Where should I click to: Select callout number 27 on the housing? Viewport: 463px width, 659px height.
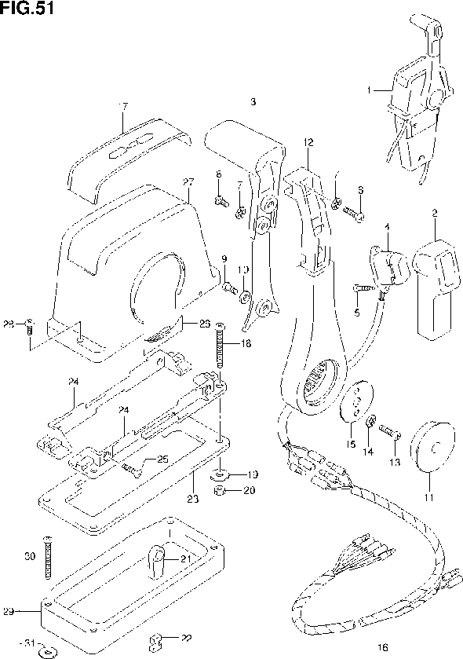point(188,182)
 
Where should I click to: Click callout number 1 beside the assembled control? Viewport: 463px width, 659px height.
point(370,90)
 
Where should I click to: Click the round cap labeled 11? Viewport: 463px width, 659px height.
point(431,448)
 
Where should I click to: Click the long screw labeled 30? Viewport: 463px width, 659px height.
point(51,558)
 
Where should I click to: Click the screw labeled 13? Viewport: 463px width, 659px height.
point(390,430)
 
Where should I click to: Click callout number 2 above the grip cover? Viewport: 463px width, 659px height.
point(434,213)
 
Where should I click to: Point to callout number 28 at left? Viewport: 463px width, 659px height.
point(9,323)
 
